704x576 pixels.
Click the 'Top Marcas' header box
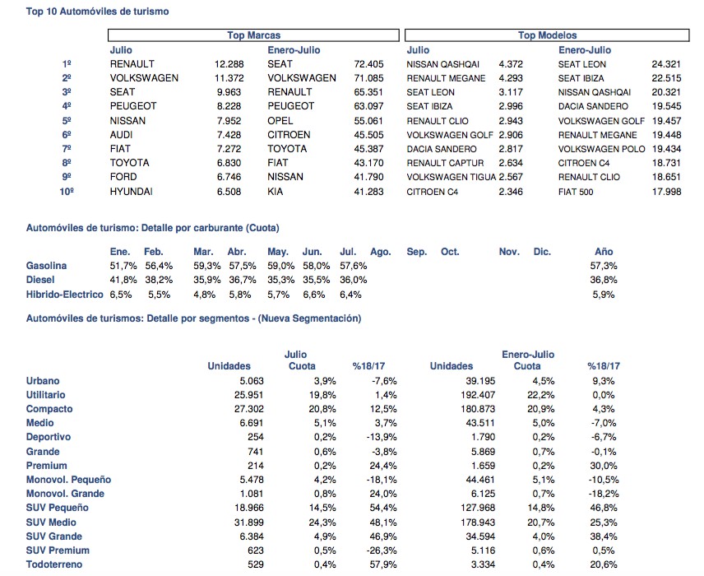[253, 35]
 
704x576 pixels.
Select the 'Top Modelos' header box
[547, 35]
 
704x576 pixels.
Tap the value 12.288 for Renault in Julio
[229, 64]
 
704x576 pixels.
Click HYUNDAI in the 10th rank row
[131, 192]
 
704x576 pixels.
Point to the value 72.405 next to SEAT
[368, 64]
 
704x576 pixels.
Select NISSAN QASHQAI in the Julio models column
[442, 64]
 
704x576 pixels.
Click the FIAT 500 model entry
[576, 192]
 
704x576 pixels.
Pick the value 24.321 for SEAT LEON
[666, 64]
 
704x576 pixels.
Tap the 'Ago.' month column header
[380, 252]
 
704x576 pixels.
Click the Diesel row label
[40, 280]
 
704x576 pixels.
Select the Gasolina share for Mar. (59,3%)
[207, 266]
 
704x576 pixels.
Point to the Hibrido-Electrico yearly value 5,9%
[604, 295]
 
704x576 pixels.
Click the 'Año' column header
[604, 252]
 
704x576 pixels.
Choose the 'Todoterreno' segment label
[54, 564]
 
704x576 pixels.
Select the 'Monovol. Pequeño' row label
[68, 480]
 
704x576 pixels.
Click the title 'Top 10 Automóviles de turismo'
[97, 12]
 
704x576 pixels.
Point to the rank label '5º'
[67, 121]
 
